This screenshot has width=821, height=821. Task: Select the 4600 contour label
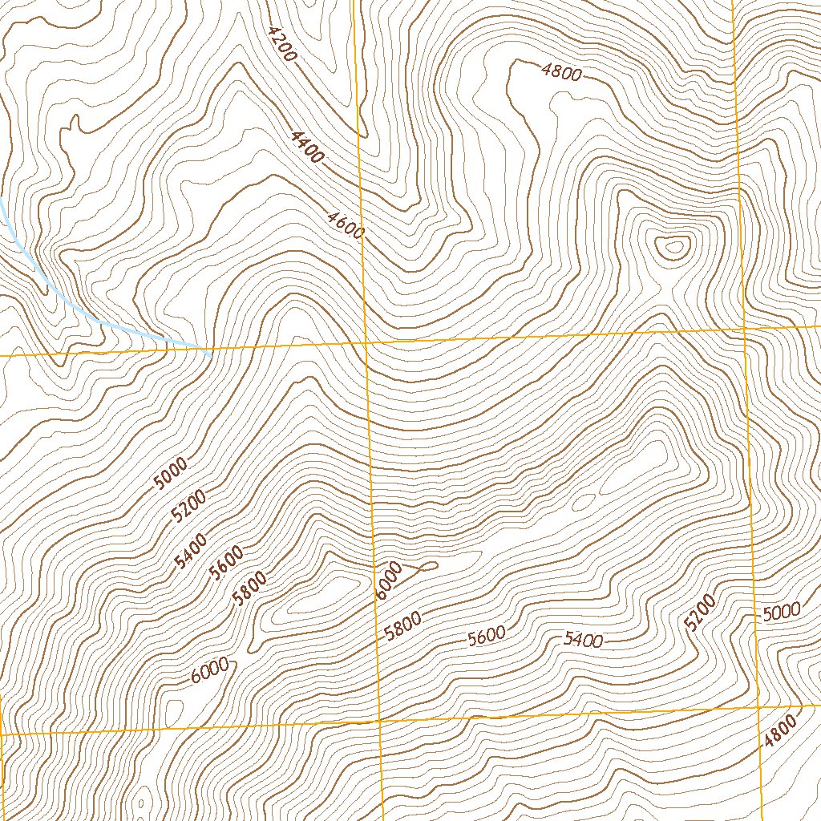pyautogui.click(x=346, y=225)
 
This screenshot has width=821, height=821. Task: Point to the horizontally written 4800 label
pyautogui.click(x=561, y=72)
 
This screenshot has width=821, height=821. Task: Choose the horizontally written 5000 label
pyautogui.click(x=781, y=613)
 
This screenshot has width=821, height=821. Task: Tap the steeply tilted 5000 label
pyautogui.click(x=170, y=473)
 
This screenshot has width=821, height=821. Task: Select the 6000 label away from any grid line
pyautogui.click(x=212, y=670)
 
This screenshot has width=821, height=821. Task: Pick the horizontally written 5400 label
pyautogui.click(x=583, y=639)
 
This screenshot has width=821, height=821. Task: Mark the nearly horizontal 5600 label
pyautogui.click(x=487, y=636)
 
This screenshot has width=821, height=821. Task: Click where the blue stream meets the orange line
pyautogui.click(x=209, y=350)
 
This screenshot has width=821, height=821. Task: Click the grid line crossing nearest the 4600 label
pyautogui.click(x=365, y=342)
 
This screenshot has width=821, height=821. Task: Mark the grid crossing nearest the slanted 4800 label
pyautogui.click(x=758, y=709)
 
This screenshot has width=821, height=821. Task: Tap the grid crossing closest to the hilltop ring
pyautogui.click(x=743, y=330)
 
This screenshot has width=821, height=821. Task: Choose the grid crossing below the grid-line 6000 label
pyautogui.click(x=379, y=722)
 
